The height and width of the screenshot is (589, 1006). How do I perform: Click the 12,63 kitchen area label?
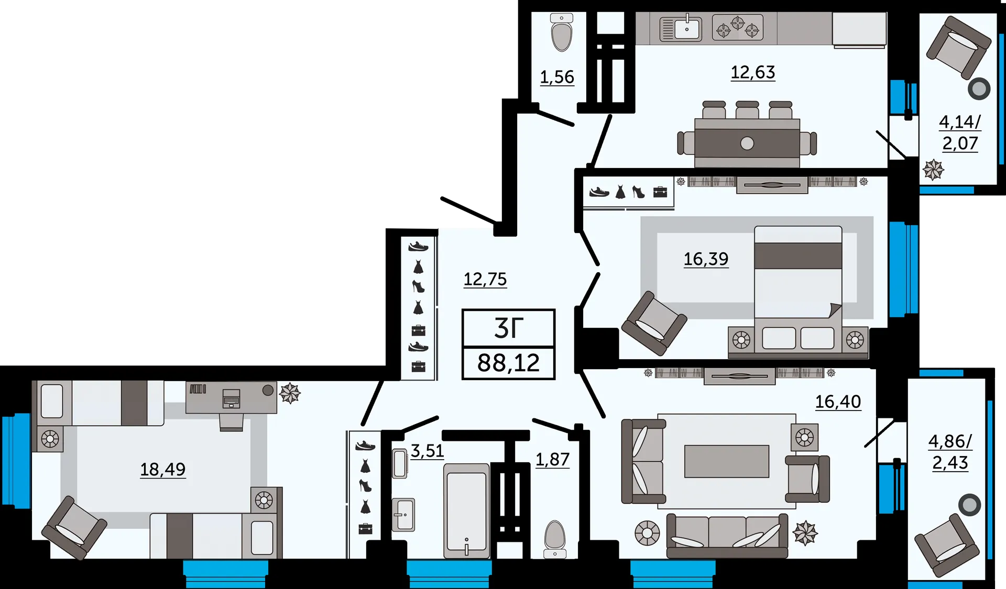click(753, 72)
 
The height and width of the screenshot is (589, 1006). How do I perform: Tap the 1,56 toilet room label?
click(557, 77)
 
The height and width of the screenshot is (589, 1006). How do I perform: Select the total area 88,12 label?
click(508, 363)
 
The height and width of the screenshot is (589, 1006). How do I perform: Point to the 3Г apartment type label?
click(509, 328)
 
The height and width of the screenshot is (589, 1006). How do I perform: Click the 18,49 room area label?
click(162, 470)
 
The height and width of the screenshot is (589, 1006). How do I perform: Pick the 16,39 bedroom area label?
click(706, 259)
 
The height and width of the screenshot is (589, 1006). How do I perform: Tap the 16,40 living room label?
click(838, 402)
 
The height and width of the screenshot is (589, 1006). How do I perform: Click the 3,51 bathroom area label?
click(427, 451)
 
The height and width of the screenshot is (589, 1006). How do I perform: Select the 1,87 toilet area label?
click(552, 459)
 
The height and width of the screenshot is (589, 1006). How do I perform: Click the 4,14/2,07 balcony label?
click(960, 132)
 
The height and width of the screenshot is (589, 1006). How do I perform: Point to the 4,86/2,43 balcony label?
click(950, 452)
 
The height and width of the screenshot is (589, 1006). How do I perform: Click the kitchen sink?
click(681, 29)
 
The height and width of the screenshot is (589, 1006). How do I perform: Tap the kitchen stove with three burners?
click(738, 27)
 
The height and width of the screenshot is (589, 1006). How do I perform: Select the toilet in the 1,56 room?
click(562, 32)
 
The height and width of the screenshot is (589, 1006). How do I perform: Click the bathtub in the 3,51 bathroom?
click(466, 511)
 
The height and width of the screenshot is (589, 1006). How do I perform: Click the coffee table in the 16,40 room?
click(727, 461)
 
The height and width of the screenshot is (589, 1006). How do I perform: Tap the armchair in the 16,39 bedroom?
click(654, 323)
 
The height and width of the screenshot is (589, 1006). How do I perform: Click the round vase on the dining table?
click(747, 143)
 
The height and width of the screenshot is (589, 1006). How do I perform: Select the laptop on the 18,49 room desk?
click(231, 398)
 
